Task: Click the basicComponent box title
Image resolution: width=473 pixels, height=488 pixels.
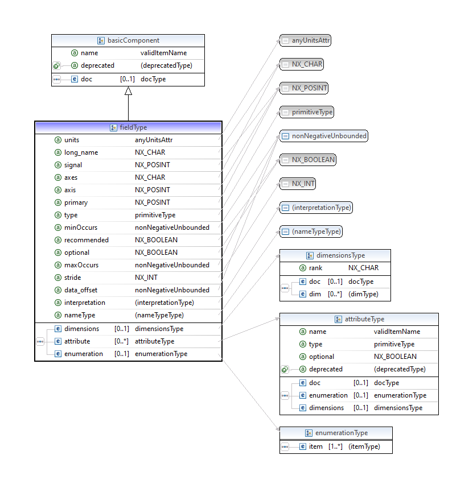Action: tap(133, 40)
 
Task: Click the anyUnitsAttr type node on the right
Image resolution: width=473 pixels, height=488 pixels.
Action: tap(311, 40)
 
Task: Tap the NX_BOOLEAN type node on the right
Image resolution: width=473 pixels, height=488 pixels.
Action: tap(313, 160)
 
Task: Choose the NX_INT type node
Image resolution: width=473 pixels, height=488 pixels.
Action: tap(303, 184)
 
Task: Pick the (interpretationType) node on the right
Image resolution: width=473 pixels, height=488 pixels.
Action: tap(321, 208)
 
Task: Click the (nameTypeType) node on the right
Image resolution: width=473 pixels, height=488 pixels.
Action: tap(316, 231)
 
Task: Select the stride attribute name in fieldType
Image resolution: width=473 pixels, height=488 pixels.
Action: tap(72, 278)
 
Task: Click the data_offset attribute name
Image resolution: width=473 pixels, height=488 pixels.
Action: tap(80, 290)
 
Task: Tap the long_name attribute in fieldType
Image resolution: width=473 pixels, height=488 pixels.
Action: tap(81, 152)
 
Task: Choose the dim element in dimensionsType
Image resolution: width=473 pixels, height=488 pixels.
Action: tap(315, 294)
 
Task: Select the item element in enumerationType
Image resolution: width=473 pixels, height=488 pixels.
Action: tap(315, 446)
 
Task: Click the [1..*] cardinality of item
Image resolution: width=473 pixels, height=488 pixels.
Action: tap(335, 446)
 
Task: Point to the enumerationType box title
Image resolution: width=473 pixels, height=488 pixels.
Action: tap(342, 433)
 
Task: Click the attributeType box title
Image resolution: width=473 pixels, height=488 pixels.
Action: tap(364, 319)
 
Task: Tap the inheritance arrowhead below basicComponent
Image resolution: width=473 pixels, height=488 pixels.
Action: tap(128, 90)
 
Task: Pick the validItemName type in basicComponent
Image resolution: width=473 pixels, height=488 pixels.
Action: tap(163, 53)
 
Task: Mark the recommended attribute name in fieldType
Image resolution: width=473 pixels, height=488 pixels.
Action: tap(86, 240)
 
